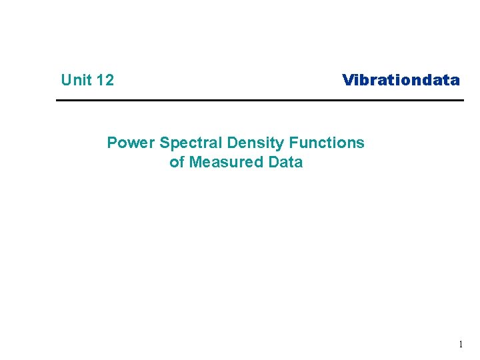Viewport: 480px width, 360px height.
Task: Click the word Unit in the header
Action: (x=76, y=81)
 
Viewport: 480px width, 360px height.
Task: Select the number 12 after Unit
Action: (x=105, y=81)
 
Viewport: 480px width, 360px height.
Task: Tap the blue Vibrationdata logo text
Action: (x=401, y=81)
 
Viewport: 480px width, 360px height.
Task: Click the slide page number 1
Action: (x=460, y=345)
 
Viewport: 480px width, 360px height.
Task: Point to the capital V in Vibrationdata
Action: (x=348, y=81)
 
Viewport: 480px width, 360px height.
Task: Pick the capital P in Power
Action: (x=112, y=143)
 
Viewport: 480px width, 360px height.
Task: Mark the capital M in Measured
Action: (x=195, y=162)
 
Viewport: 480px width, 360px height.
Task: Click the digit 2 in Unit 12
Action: (x=109, y=81)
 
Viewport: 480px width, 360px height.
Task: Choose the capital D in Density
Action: (x=233, y=143)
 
